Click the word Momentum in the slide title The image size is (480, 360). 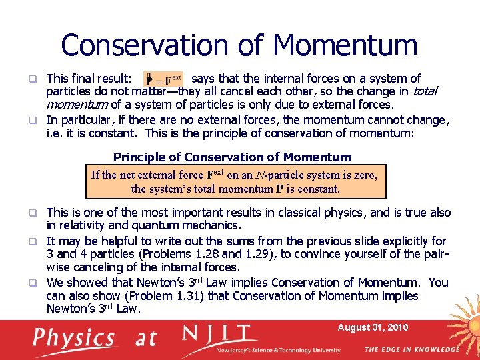pos(345,45)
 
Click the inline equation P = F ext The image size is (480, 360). pos(163,79)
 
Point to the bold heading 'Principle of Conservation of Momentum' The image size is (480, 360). pos(232,157)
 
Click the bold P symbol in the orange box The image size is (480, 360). pos(279,189)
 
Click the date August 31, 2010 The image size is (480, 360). pos(373,327)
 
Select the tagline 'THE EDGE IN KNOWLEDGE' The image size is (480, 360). pos(411,349)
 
